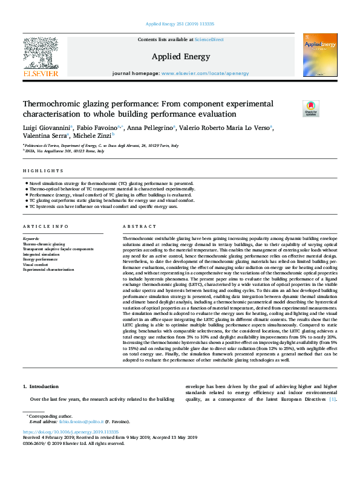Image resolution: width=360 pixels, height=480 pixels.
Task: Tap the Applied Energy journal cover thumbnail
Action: tap(320, 55)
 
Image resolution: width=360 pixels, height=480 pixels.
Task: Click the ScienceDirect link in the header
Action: tap(209, 40)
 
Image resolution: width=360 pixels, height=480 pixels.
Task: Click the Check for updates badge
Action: tap(295, 109)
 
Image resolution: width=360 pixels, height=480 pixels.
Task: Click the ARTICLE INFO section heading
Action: tap(42, 227)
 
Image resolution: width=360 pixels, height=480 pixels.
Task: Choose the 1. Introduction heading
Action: tap(41, 386)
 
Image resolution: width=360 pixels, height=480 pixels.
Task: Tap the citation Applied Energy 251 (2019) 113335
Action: tap(180, 24)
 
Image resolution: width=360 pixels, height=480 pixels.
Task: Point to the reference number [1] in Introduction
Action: tap(333, 398)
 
